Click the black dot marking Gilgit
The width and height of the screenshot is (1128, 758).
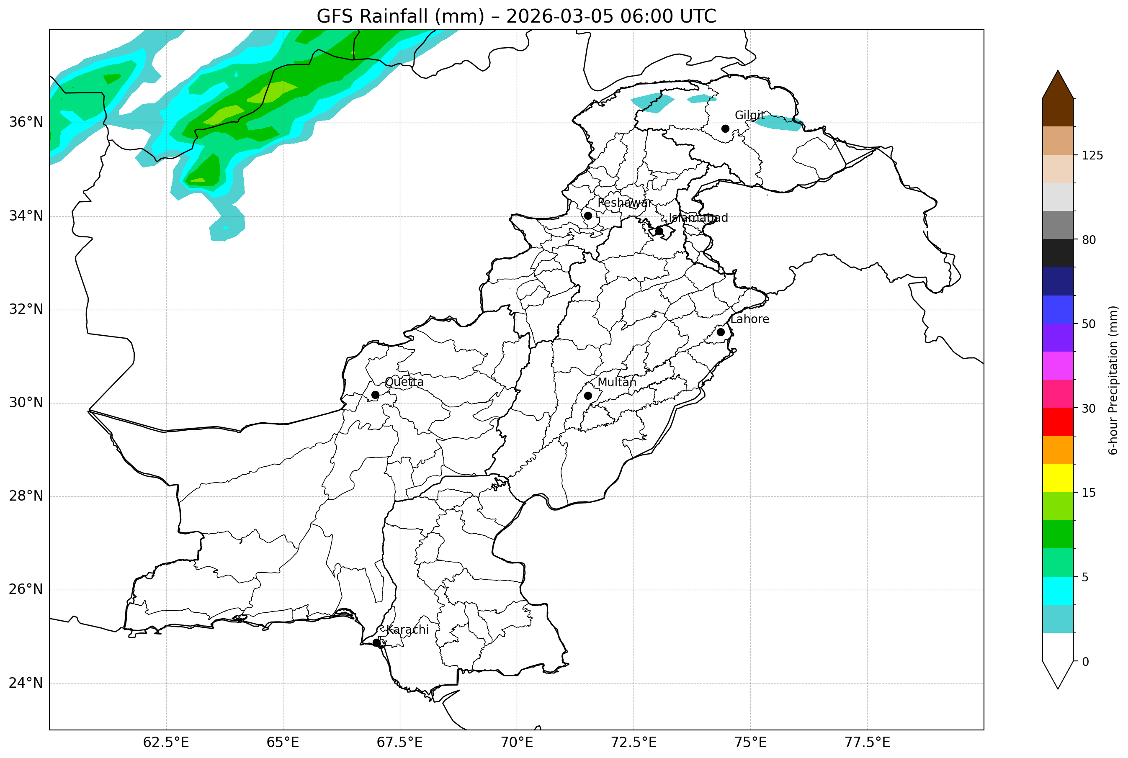725,128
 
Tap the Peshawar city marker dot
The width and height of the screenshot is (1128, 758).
588,216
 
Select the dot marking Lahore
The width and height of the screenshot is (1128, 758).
721,332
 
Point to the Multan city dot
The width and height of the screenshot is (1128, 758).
588,396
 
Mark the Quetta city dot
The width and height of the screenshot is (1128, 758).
375,395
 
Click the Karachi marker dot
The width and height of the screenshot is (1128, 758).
377,642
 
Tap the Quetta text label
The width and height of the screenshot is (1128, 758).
404,382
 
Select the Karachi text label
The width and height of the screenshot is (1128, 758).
407,630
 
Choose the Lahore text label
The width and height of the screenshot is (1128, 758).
749,319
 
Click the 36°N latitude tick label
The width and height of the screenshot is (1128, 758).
26,122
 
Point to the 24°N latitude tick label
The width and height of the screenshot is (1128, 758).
26,683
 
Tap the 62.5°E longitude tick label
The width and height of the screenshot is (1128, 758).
166,743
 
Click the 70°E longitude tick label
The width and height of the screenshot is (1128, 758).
517,743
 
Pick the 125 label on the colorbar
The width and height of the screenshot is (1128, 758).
1092,156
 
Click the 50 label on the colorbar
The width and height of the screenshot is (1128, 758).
1088,324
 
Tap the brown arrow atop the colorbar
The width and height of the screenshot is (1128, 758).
1058,85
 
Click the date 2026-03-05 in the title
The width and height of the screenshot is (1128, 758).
559,16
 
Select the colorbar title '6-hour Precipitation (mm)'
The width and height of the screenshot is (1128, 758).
1113,380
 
